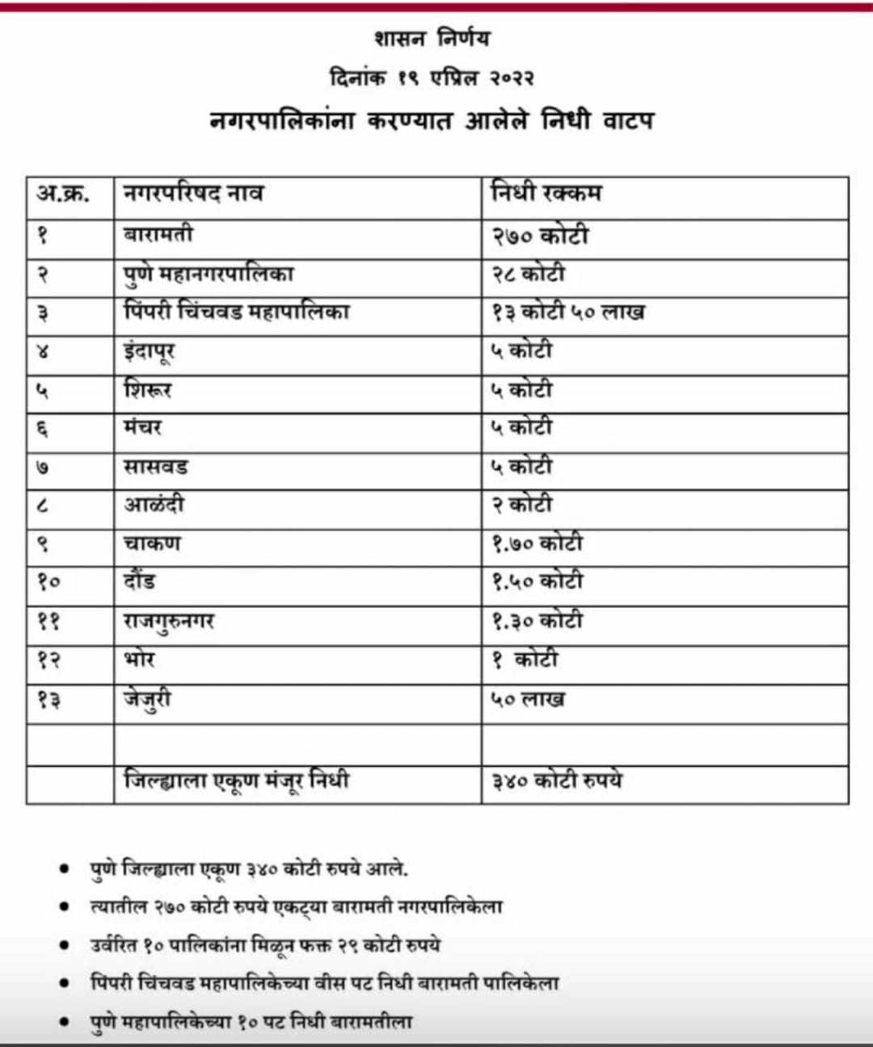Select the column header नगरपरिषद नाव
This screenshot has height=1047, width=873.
193,195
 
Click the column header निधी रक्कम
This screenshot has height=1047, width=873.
546,195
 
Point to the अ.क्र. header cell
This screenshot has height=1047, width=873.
63,195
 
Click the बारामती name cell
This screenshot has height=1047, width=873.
158,235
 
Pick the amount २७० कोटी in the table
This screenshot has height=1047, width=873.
540,236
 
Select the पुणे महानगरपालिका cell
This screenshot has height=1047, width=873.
209,274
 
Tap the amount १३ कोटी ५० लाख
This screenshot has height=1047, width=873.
568,313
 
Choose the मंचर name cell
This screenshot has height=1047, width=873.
142,428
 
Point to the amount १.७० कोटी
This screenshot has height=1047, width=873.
538,544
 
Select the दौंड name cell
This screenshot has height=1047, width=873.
140,582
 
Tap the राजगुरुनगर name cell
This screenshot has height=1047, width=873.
169,621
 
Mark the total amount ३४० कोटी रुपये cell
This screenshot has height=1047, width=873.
557,781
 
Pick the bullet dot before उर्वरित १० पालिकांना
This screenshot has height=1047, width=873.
64,945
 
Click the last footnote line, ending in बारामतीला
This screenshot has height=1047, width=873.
251,1022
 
